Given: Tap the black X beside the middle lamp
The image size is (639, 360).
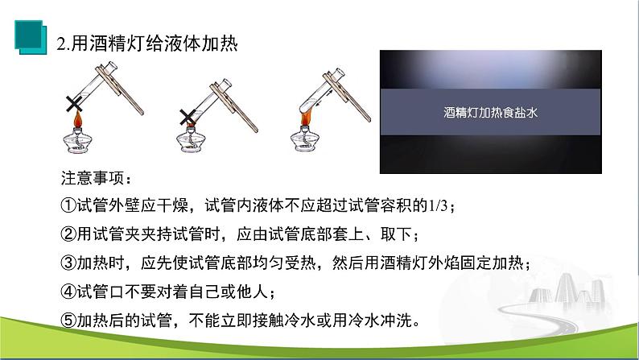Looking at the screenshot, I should [x=187, y=118].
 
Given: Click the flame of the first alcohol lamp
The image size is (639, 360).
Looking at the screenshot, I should [x=80, y=121].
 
